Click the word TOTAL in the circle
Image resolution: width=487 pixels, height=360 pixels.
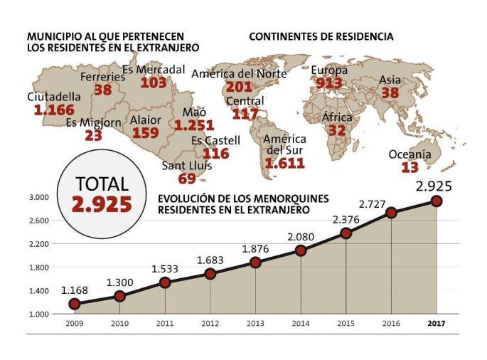point(102,184)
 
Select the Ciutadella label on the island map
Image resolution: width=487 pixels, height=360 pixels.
point(54,97)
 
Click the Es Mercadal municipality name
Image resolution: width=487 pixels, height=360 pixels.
point(154,70)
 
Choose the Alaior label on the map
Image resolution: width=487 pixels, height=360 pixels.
point(145,120)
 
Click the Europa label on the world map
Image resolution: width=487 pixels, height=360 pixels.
point(329,70)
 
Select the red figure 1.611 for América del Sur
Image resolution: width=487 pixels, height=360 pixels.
point(284,163)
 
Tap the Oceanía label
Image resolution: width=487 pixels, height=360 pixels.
point(410,154)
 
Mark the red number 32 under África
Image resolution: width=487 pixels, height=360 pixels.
point(336,130)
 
